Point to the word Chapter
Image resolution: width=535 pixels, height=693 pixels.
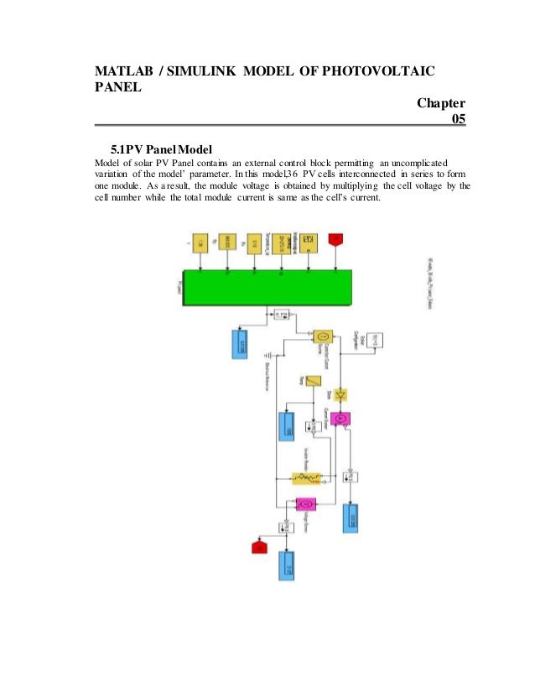pos(440,103)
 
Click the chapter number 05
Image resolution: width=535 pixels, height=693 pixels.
pos(458,119)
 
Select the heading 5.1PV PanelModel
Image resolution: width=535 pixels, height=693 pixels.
pos(155,148)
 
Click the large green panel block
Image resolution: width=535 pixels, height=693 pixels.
pos(267,288)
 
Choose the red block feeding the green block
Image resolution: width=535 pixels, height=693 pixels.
pos(336,241)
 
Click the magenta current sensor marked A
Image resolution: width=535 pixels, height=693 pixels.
pos(340,419)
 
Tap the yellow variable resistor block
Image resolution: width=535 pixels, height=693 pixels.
pos(307,477)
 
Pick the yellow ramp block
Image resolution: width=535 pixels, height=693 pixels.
pos(313,381)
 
